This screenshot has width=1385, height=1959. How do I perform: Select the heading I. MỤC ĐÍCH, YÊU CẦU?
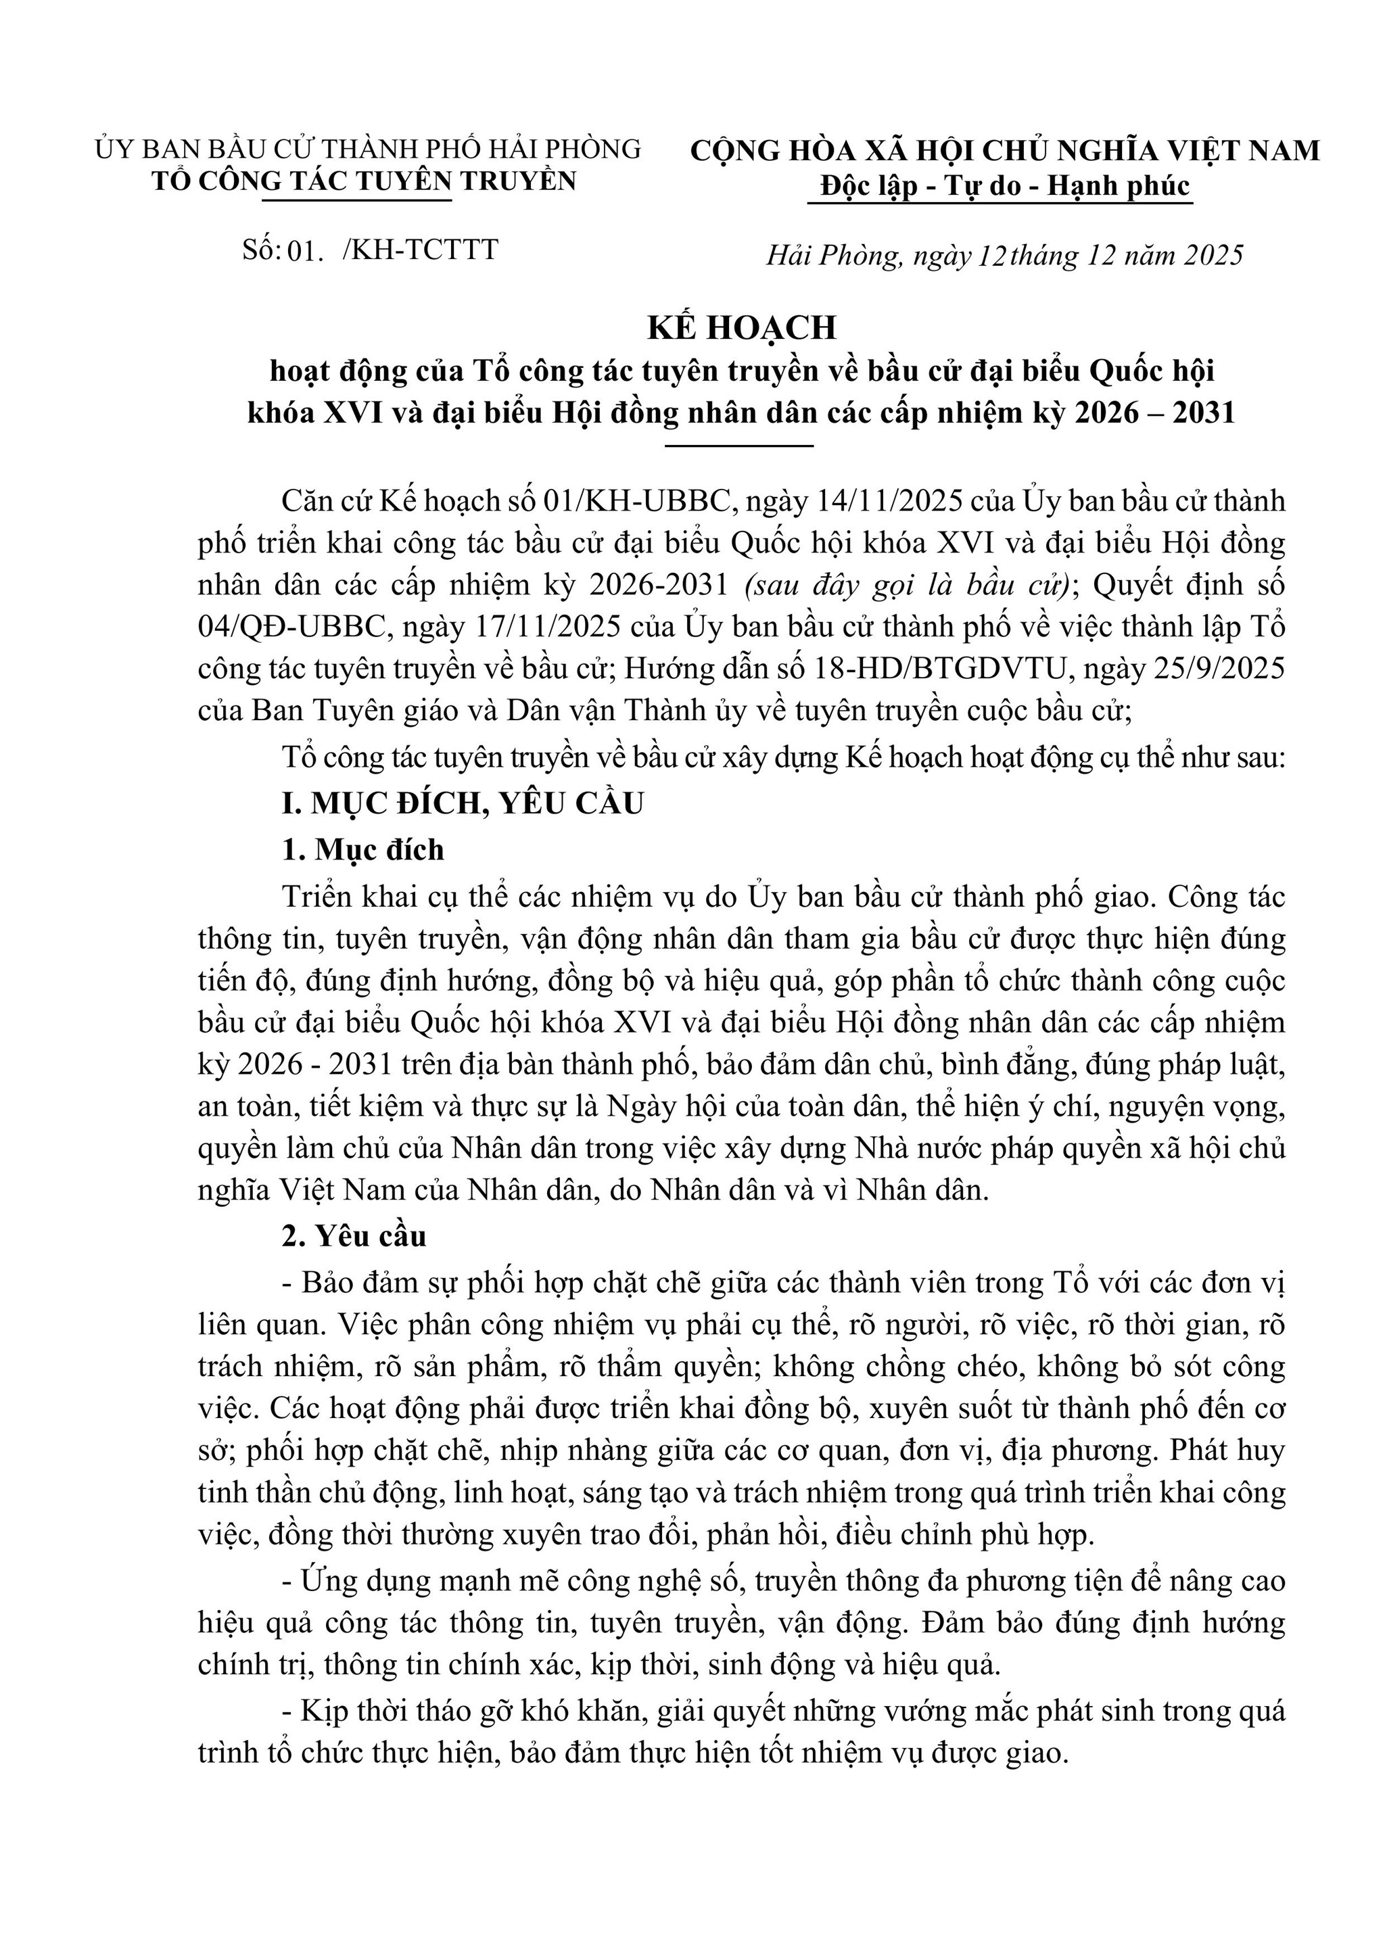coord(463,804)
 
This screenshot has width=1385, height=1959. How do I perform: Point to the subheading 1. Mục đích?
coord(362,850)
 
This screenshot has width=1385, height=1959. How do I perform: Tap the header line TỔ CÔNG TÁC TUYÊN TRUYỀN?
coord(365,181)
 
